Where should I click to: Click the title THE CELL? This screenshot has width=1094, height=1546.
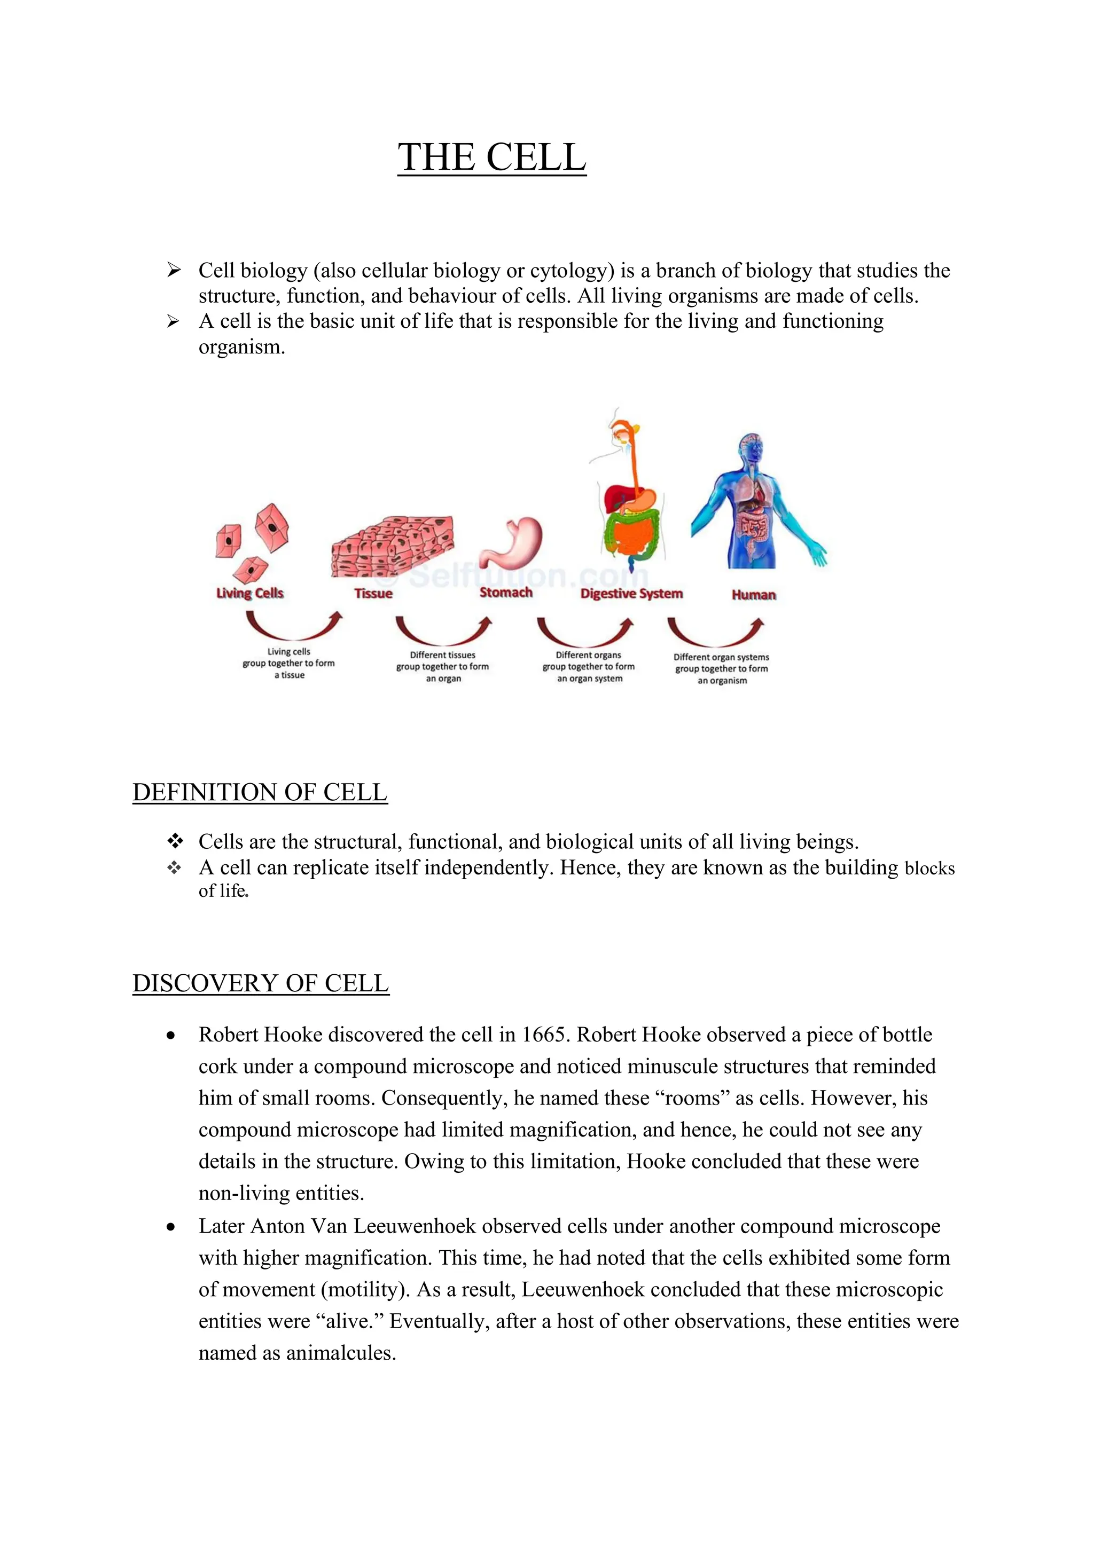click(492, 157)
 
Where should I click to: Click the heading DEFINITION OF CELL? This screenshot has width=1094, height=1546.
click(260, 793)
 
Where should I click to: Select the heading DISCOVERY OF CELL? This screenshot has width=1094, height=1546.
click(261, 984)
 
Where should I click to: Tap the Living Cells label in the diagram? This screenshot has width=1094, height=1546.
click(250, 593)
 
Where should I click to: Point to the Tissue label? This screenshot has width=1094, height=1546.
click(373, 593)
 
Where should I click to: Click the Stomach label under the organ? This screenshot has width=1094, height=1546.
click(506, 593)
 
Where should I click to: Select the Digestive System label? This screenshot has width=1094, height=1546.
click(631, 594)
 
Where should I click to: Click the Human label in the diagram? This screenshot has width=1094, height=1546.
click(754, 595)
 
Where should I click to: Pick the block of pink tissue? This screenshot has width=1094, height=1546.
click(392, 546)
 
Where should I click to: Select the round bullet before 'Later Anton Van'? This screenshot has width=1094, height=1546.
click(171, 1227)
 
